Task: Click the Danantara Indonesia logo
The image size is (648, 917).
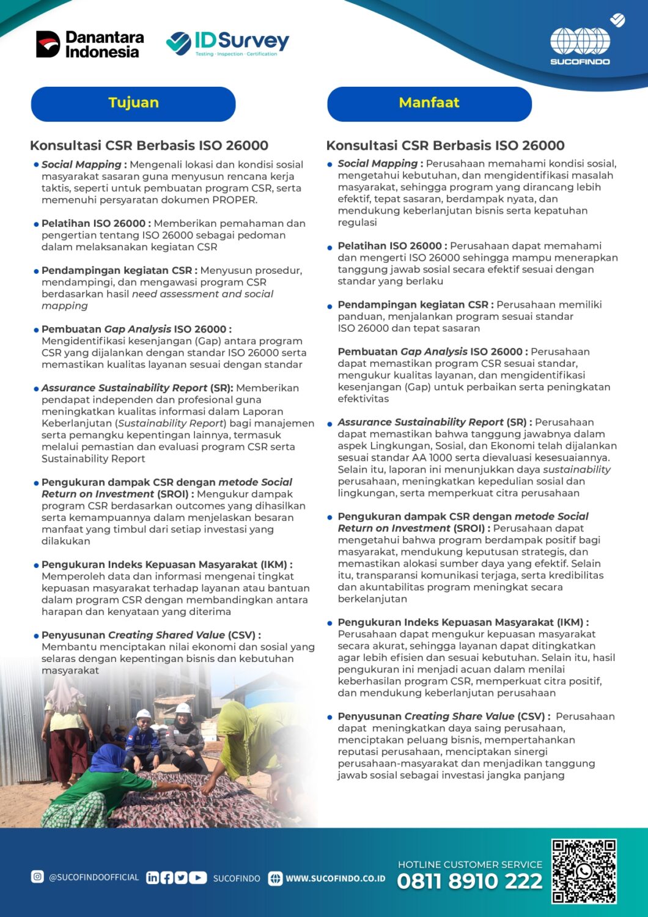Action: point(90,45)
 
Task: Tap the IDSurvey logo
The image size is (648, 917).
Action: point(227,43)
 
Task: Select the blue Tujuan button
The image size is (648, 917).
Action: point(133,103)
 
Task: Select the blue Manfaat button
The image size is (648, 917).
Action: point(429,103)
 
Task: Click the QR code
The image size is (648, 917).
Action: point(584,871)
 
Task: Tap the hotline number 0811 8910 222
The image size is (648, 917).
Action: point(469,881)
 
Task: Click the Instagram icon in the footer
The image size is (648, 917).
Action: point(37,877)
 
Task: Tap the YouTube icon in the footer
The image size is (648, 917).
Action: point(197,878)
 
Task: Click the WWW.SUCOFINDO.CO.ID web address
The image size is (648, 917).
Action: point(336,878)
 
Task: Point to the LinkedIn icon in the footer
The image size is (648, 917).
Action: point(152,878)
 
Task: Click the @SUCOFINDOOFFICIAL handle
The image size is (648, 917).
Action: point(94,877)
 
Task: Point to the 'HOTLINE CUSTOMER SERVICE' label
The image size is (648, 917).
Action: point(469,864)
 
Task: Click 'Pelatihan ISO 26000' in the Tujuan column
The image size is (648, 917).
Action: point(94,224)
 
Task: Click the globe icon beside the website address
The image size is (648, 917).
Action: point(276,878)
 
